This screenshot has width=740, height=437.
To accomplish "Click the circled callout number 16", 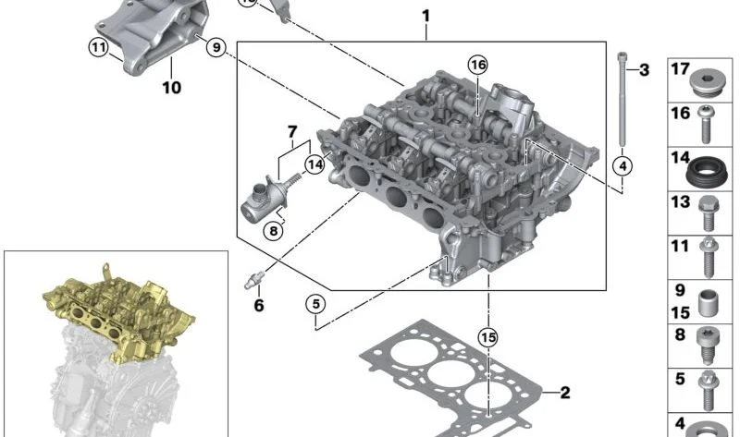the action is tap(477, 65).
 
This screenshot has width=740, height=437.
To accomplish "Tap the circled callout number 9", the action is tap(216, 47).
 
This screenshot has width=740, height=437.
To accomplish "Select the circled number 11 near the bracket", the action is tap(98, 47).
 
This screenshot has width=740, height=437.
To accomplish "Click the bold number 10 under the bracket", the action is tap(172, 87).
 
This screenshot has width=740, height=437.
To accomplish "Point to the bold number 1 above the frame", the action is tap(426, 17).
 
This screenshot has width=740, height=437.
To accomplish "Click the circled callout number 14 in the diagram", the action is tap(314, 164).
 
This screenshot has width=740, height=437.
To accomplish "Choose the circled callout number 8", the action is tap(274, 231).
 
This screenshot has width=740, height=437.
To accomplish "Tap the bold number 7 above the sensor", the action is tap(292, 131).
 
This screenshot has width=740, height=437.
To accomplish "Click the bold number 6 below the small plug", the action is tap(259, 306).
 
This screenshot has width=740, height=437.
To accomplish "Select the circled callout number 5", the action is tap(315, 304).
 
